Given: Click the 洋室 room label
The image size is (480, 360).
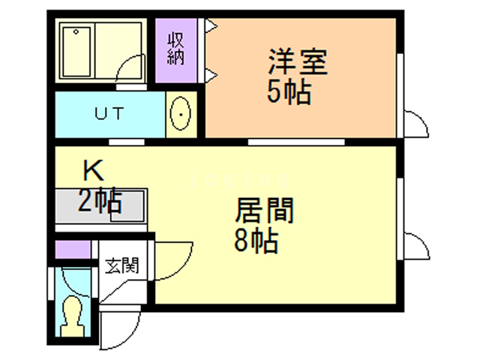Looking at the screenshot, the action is pyautogui.click(x=298, y=62).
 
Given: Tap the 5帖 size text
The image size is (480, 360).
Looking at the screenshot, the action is pyautogui.click(x=289, y=93).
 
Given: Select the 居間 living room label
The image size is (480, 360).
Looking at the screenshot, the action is pyautogui.click(x=265, y=210).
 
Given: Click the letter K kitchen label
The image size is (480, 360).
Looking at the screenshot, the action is pyautogui.click(x=93, y=170).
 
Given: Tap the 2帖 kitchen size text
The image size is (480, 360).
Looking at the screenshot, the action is pyautogui.click(x=100, y=200).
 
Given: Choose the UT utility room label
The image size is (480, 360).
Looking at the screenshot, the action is pyautogui.click(x=109, y=113).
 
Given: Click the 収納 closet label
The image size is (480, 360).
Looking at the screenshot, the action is pyautogui.click(x=175, y=49).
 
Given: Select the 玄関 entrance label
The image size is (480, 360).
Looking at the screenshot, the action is pyautogui.click(x=121, y=265).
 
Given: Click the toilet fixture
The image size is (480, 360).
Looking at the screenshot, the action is pyautogui.click(x=72, y=316).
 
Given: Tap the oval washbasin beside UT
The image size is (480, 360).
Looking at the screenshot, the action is pyautogui.click(x=181, y=113).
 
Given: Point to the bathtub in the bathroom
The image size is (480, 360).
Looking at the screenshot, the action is pyautogui.click(x=76, y=52).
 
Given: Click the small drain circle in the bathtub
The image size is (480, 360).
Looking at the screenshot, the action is pyautogui.click(x=76, y=31).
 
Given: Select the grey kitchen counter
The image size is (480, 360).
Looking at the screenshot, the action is pyautogui.click(x=101, y=205).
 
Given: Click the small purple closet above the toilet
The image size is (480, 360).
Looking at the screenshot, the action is pyautogui.click(x=73, y=250).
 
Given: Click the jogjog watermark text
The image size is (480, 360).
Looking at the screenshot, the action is pyautogui.click(x=238, y=180).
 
